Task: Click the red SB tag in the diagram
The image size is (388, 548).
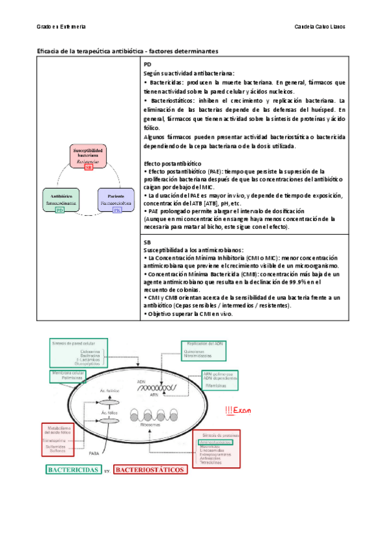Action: [89, 167]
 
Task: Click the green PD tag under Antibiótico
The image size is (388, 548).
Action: [60, 210]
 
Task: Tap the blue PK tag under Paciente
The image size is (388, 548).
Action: [116, 210]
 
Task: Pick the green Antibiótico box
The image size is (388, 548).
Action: [60, 200]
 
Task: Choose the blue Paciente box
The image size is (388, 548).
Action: [116, 200]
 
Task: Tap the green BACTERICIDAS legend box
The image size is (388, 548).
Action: [74, 470]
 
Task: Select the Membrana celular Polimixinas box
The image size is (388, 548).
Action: [66, 375]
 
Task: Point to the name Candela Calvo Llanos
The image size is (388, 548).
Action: [319, 28]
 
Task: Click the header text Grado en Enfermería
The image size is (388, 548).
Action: [61, 28]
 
